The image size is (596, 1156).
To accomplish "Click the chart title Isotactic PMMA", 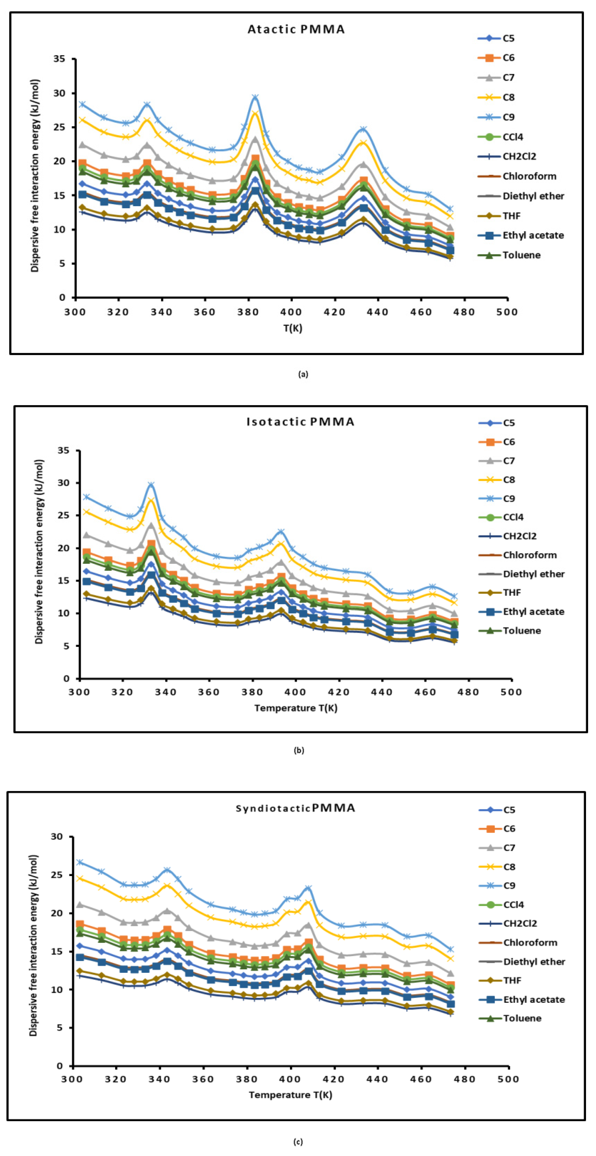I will [300, 422].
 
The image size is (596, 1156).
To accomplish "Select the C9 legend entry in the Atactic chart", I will [508, 117].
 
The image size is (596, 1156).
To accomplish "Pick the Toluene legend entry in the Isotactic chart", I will [521, 631].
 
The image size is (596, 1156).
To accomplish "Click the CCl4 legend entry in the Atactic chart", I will [512, 137].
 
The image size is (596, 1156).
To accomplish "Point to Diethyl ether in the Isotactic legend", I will [533, 574].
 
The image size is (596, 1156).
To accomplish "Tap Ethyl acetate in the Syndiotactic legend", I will [534, 999].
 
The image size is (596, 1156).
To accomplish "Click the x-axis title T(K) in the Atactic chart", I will [293, 329].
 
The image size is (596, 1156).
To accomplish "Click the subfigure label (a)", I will [303, 374].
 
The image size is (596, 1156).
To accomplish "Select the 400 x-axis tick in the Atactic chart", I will [291, 312].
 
